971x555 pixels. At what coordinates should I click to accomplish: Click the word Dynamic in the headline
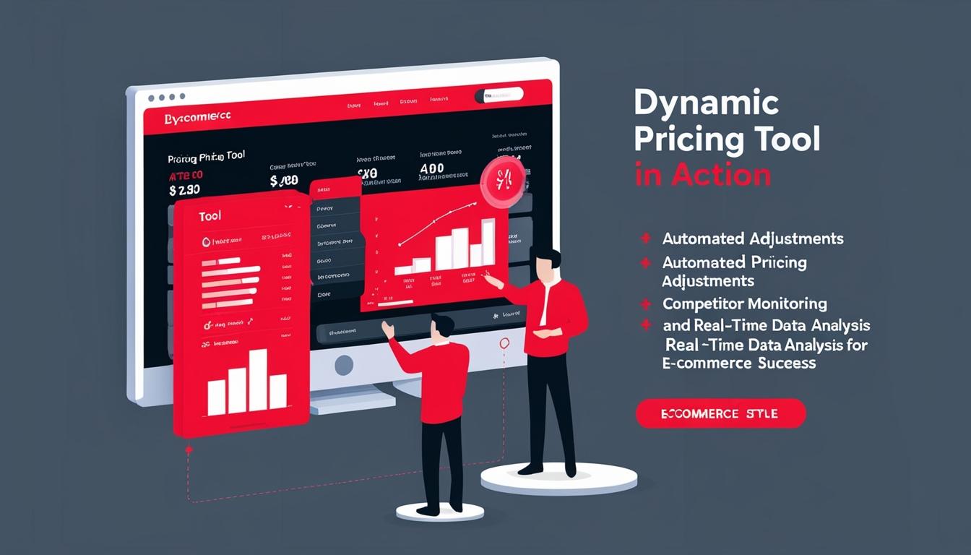[706, 104]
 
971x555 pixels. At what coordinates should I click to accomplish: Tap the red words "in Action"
[702, 176]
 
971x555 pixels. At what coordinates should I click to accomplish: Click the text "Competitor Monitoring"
[744, 304]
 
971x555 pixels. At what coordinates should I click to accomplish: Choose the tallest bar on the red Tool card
[257, 381]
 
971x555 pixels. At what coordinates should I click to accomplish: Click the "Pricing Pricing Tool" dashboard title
[206, 157]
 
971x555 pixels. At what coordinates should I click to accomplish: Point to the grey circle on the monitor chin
[343, 365]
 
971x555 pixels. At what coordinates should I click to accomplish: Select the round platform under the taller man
[558, 477]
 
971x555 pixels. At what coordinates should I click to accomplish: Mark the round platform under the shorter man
[439, 512]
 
